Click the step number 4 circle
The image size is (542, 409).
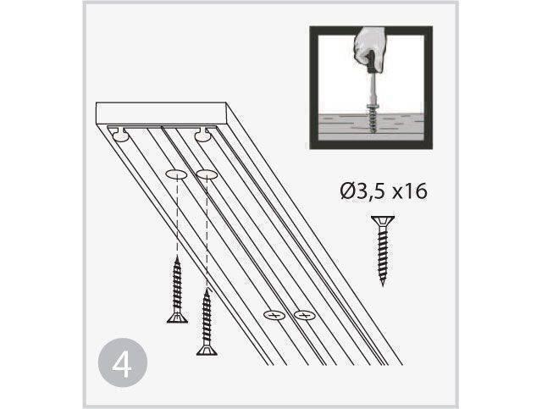[x=123, y=362]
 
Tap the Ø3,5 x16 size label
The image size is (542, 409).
[x=384, y=191]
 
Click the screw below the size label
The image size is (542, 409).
[x=383, y=251]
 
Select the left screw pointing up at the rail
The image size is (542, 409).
[x=177, y=290]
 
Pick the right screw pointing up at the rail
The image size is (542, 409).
[x=207, y=322]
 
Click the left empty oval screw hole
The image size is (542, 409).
[x=176, y=174]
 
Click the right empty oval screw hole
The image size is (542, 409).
[x=207, y=174]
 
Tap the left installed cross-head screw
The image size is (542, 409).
[x=274, y=315]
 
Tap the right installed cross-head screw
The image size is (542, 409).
[x=305, y=315]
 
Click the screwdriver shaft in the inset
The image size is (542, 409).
[x=373, y=87]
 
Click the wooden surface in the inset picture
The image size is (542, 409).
[x=371, y=127]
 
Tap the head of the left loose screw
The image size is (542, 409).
[x=177, y=318]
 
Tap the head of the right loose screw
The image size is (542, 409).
[x=207, y=351]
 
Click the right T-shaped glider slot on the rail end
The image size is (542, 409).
[x=205, y=134]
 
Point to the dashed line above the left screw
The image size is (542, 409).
[x=177, y=215]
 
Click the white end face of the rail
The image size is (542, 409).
[x=161, y=113]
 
